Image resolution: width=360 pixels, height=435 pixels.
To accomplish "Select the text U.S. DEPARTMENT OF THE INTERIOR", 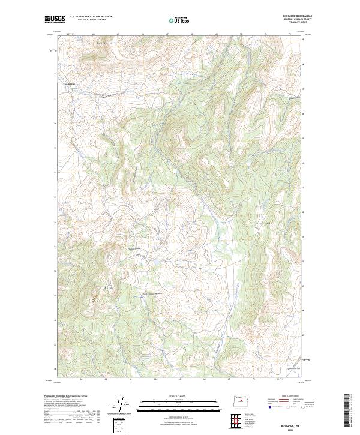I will pyautogui.click(x=91, y=17).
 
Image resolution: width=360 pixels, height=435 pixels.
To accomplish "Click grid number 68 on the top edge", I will pyautogui.click(x=191, y=35).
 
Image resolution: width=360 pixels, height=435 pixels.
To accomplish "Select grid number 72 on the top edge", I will pyautogui.click(x=290, y=35).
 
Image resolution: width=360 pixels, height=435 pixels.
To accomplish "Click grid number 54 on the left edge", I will pyautogui.click(x=55, y=74).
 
